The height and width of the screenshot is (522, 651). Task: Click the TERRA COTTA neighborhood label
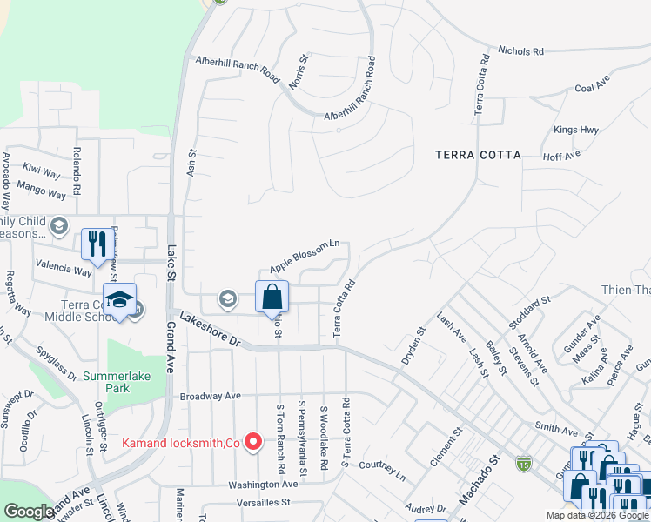click(x=478, y=155)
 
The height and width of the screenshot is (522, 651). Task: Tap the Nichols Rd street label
click(x=520, y=51)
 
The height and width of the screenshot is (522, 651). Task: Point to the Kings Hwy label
click(x=576, y=130)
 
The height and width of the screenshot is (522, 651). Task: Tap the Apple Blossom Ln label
click(x=304, y=256)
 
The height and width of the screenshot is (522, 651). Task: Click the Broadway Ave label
click(x=210, y=396)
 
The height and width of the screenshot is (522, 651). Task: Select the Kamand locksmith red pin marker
click(x=253, y=443)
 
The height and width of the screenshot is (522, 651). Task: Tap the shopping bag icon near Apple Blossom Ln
click(x=272, y=297)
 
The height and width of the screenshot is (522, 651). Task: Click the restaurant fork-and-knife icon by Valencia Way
click(x=96, y=244)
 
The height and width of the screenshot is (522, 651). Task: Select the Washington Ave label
click(x=263, y=485)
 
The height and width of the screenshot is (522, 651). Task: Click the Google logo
click(x=29, y=512)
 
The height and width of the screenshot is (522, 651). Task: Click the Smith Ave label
click(x=556, y=430)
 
